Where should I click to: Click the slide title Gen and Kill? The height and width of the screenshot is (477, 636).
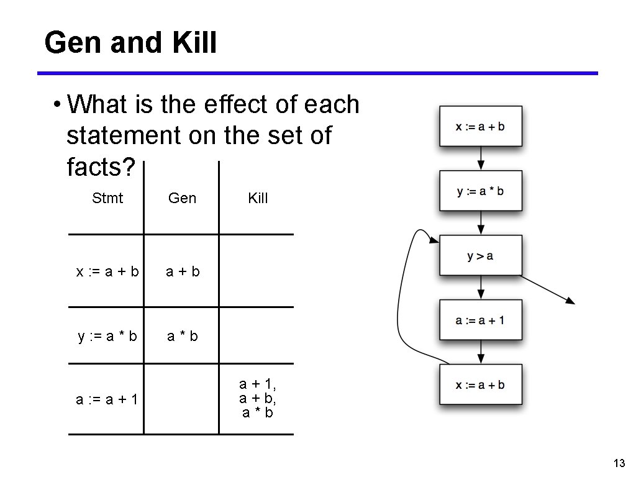coord(130,43)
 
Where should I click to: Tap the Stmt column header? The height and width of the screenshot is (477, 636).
coord(107,198)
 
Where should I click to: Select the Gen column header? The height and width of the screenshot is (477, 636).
coord(182,198)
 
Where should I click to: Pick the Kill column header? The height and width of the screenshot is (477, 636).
coord(258,198)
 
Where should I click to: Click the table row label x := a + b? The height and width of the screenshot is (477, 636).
coord(107,271)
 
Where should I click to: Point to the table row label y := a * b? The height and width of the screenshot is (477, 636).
coord(107,336)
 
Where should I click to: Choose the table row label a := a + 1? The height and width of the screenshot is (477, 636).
coord(107,399)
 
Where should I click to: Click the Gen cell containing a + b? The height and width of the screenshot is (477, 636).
coord(182,271)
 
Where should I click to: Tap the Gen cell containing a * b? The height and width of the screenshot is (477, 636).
coord(182,336)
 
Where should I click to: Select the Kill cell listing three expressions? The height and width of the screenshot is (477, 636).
coord(258,399)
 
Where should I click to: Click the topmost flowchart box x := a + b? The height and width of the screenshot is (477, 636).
coord(481,127)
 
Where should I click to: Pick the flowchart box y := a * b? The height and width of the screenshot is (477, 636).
coord(481,191)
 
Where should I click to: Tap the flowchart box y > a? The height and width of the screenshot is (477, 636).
coord(481,256)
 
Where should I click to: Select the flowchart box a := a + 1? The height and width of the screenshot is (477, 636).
coord(481,320)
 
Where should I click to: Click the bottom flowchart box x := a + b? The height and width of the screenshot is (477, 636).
coord(481,385)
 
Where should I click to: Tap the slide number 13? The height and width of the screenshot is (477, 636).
coord(618,463)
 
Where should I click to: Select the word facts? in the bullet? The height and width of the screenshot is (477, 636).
coord(101,166)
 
